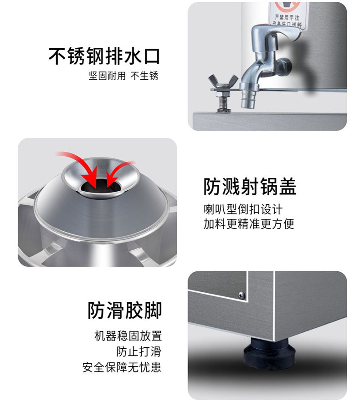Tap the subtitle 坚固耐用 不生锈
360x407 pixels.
pos(123,76)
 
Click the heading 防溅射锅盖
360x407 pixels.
pos(250,187)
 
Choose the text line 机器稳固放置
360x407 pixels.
pos(128,336)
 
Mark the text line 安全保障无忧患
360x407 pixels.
pos(122,366)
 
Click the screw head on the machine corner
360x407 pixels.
pos(242,295)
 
